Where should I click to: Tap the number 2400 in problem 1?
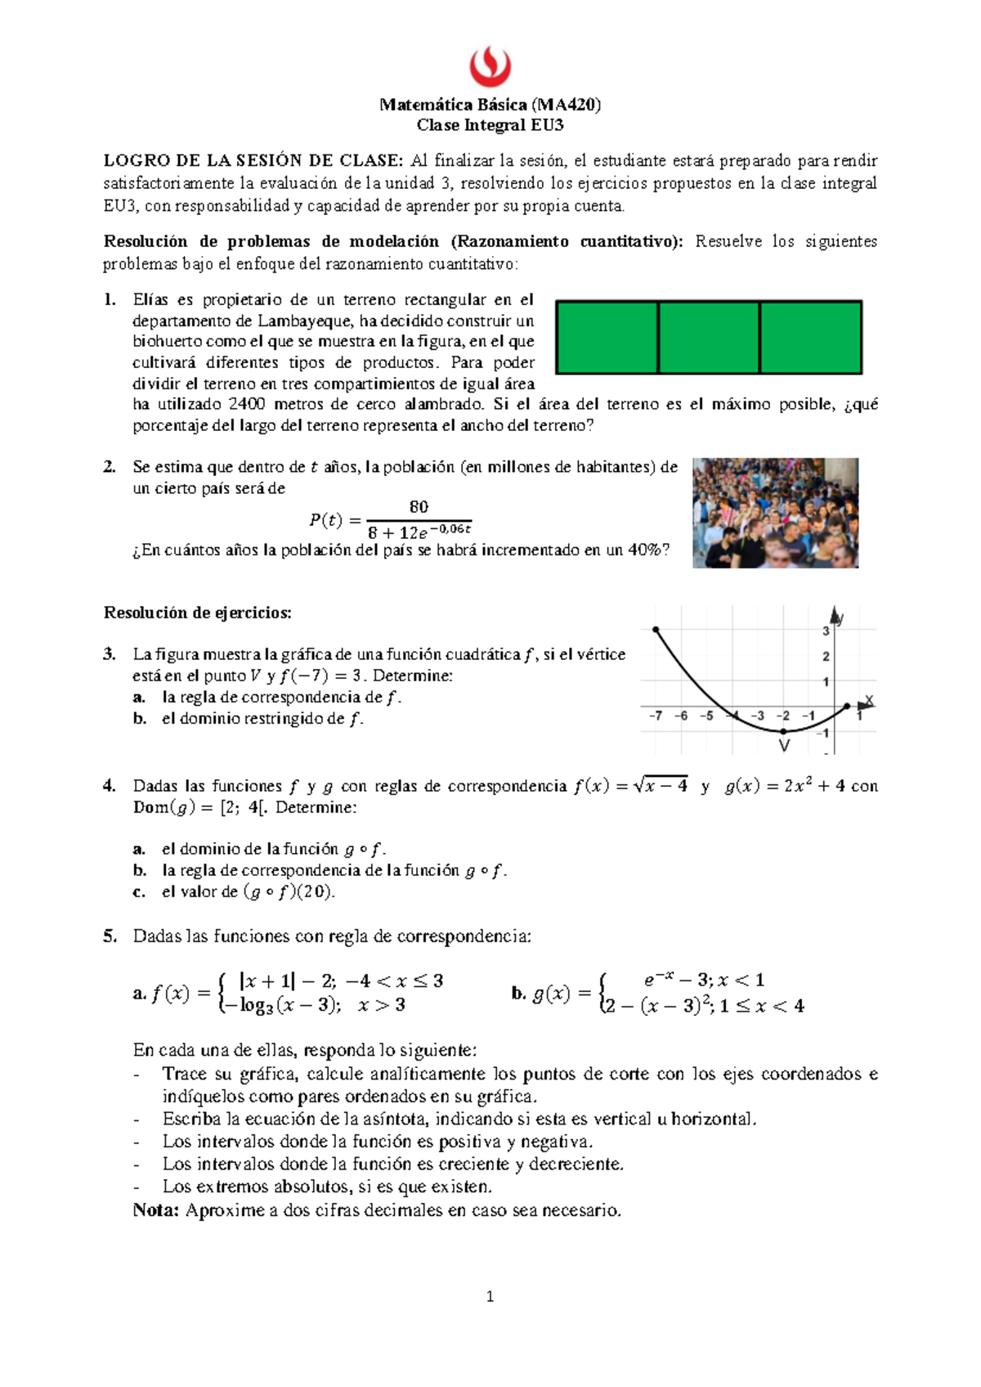click(x=247, y=404)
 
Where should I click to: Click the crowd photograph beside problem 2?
click(x=775, y=513)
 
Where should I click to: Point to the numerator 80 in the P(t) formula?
click(x=419, y=507)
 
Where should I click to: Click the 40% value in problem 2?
click(x=643, y=550)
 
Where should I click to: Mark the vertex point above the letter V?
click(x=783, y=730)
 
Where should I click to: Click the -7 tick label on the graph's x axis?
click(x=656, y=716)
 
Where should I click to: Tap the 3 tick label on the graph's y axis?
click(x=826, y=631)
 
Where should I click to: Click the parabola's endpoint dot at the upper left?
click(x=656, y=629)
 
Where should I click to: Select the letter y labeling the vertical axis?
click(x=841, y=619)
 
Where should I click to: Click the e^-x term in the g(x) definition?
click(x=657, y=980)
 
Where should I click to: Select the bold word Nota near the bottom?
click(x=155, y=1210)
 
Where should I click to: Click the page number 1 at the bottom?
click(x=490, y=1296)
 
